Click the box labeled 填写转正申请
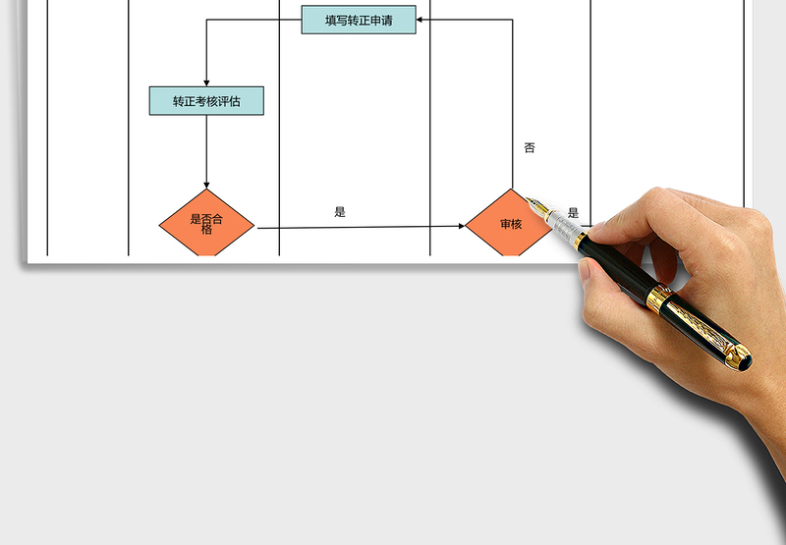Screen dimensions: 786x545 (x=359, y=20)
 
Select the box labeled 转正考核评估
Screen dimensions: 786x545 (x=206, y=101)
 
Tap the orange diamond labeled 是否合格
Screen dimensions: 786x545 (x=206, y=223)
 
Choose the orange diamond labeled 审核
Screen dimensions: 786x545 (x=510, y=223)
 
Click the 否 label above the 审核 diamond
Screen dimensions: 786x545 (x=530, y=147)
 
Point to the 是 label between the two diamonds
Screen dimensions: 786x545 (x=340, y=212)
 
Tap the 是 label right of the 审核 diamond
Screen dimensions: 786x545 (x=573, y=213)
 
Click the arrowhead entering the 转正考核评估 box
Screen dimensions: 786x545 (x=206, y=83)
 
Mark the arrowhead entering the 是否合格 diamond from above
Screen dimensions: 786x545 (x=206, y=186)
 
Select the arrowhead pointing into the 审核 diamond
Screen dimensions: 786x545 (x=462, y=226)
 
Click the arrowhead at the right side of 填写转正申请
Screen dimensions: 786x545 (x=420, y=20)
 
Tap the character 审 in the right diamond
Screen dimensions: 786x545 (x=505, y=224)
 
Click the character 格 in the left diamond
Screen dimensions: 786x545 (x=206, y=230)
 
